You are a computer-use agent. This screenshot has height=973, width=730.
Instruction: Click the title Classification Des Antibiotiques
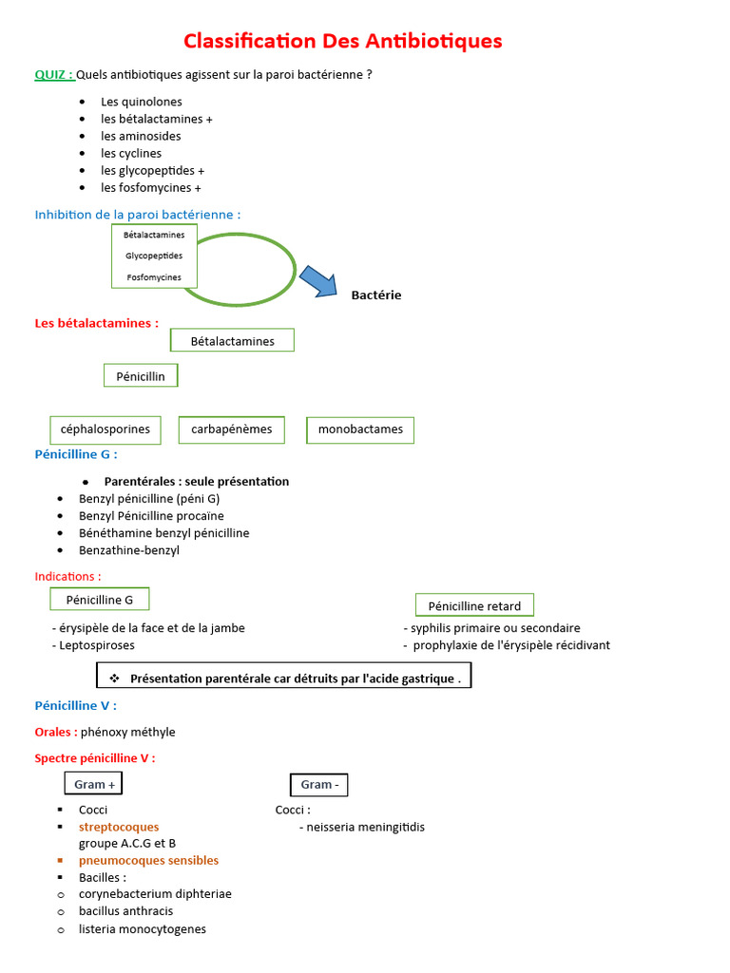[x=342, y=41]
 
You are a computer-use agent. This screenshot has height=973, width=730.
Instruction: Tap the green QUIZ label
[x=53, y=74]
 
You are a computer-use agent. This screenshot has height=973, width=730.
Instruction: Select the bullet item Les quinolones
[x=142, y=102]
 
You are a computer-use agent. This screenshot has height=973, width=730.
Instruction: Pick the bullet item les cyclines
[x=131, y=153]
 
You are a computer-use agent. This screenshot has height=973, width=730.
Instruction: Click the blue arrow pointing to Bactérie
[x=317, y=281]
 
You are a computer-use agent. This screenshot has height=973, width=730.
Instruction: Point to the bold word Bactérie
[x=376, y=295]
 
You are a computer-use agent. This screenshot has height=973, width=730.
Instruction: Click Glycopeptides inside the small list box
[x=154, y=256]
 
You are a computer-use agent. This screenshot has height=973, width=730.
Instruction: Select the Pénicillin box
[x=141, y=376]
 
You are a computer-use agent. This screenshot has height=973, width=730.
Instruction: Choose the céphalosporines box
[x=106, y=429]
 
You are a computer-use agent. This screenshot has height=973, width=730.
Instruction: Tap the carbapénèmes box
[x=232, y=429]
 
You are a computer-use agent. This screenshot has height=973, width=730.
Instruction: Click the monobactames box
[x=360, y=429]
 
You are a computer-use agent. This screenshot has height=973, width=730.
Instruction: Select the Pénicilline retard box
[x=474, y=605]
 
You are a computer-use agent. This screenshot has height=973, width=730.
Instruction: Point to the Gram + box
[x=94, y=784]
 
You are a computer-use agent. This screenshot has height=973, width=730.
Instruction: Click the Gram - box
[x=319, y=784]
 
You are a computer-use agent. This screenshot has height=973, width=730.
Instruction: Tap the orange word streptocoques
[x=119, y=827]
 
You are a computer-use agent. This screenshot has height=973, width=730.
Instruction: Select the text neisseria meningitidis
[x=366, y=827]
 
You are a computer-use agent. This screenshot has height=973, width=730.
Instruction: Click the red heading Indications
[x=67, y=576]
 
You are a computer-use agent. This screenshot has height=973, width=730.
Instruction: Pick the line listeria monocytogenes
[x=143, y=928]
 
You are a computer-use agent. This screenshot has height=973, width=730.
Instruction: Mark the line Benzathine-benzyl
[x=129, y=550]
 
